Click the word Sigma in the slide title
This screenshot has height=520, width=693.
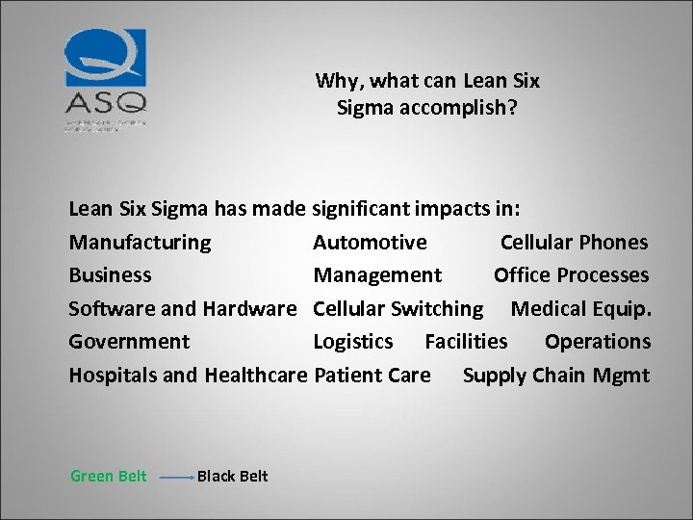364,108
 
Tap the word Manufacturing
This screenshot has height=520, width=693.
140,243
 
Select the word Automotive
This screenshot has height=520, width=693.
370,243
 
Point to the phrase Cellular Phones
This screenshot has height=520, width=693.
574,243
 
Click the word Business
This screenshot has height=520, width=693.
110,275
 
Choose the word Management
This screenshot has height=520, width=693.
377,275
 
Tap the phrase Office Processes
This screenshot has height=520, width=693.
571,275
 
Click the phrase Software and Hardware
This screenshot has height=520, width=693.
183,309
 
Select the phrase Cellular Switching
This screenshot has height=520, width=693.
398,309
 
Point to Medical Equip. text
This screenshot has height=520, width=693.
580,309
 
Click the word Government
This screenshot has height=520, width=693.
129,342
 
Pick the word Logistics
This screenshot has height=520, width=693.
353,342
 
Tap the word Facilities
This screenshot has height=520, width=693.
466,342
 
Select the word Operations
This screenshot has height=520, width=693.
597,342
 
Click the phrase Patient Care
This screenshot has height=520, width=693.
372,376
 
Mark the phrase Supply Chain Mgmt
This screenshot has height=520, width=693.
555,376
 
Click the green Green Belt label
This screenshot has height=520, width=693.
109,476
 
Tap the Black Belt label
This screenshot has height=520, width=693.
232,476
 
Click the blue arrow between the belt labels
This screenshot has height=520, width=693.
176,477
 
